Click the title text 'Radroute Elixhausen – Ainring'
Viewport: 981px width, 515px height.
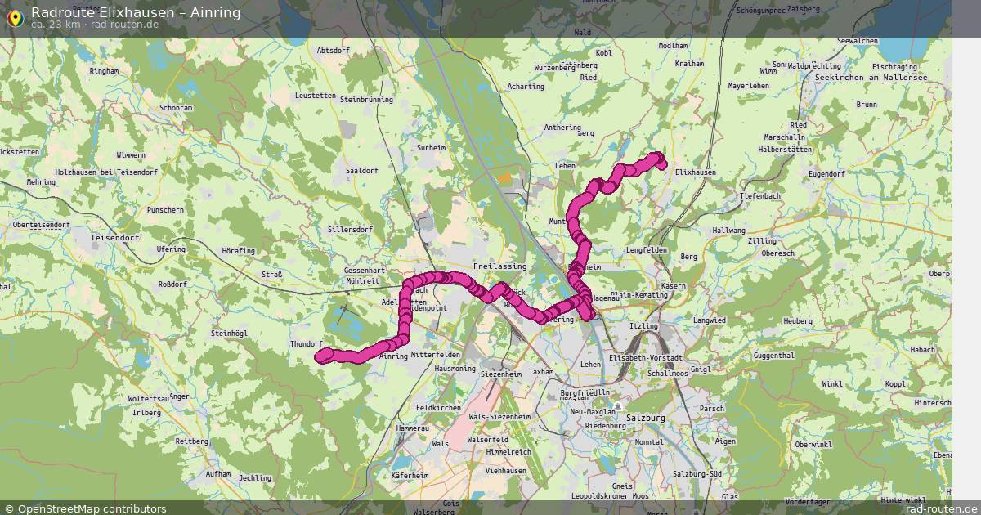tap(136, 11)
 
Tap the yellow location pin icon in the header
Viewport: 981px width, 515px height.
tap(14, 16)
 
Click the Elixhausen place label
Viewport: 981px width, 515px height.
tap(696, 172)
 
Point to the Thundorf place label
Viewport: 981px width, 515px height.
tap(307, 344)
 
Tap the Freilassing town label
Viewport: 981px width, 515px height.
tap(499, 266)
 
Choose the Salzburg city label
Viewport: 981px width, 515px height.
tap(646, 418)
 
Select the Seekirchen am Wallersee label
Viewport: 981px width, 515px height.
tap(871, 78)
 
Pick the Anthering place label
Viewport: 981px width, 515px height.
tap(563, 127)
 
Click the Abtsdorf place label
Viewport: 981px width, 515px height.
tap(333, 50)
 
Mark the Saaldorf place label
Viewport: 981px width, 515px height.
tap(362, 170)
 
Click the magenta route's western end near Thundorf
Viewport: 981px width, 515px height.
tap(324, 355)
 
